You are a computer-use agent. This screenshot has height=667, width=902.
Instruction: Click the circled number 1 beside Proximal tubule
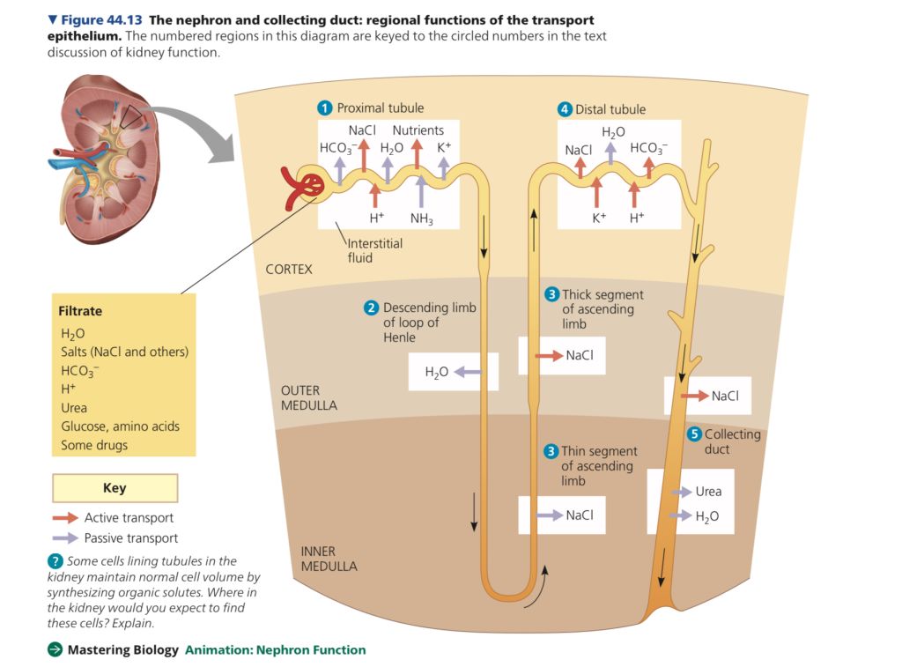(x=325, y=108)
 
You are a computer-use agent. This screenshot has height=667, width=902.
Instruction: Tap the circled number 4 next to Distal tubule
(x=565, y=110)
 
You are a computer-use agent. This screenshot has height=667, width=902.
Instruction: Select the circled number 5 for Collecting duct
(x=694, y=434)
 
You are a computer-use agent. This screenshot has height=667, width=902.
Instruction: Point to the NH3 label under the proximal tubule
(x=421, y=219)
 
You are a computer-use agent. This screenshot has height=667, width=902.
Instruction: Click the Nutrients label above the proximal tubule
(x=418, y=130)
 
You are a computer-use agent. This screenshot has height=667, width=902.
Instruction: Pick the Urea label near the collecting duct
(x=708, y=492)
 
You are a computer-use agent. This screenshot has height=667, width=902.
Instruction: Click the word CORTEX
(x=289, y=269)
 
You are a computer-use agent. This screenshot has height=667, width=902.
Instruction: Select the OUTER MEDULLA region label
(x=308, y=397)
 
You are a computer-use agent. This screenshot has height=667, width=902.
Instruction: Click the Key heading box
(x=115, y=488)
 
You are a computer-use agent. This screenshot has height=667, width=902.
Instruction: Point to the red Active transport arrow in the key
(x=65, y=518)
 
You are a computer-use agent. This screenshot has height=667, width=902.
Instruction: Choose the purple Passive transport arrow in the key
(x=65, y=537)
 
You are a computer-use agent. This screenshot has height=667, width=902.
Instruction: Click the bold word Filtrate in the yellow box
(x=80, y=311)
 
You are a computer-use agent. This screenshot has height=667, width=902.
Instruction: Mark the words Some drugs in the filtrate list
(x=94, y=445)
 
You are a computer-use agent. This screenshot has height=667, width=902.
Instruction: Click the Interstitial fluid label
(x=374, y=250)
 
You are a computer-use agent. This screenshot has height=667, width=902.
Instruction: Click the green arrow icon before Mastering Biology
(x=55, y=650)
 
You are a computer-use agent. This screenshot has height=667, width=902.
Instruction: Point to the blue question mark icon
(x=55, y=561)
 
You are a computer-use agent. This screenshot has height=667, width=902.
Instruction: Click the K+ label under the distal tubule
(x=599, y=218)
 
